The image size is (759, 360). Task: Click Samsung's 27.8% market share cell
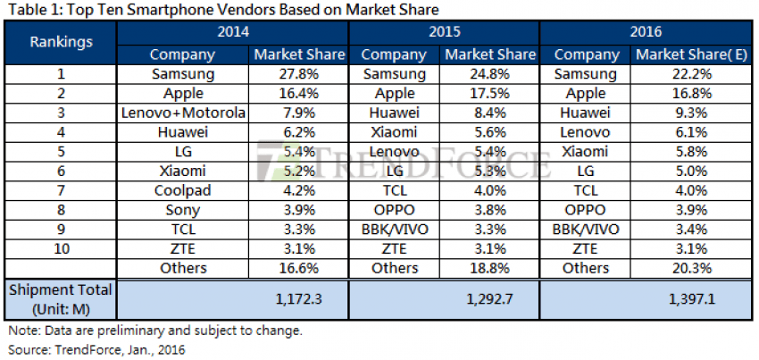299,74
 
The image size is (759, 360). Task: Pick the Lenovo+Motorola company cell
182,113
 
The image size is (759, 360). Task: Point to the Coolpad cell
182,190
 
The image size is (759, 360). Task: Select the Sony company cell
182,210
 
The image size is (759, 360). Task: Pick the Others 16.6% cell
299,268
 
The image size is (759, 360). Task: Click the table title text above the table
223,10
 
